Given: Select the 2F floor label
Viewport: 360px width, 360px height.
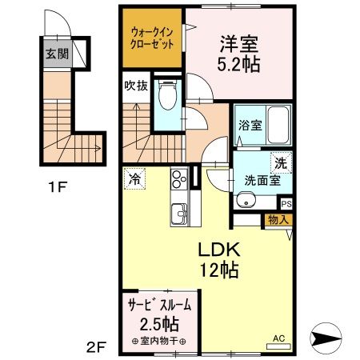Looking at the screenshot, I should pos(96,346).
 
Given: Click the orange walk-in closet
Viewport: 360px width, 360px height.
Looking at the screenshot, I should pos(153,38).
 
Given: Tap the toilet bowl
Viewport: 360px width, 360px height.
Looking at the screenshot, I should pos(167,99).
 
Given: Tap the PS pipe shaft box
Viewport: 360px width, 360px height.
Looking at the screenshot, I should pos(286,204).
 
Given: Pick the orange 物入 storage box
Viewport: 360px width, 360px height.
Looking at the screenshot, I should pos(279,218).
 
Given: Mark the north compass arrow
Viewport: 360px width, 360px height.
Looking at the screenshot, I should pos(329,340).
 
